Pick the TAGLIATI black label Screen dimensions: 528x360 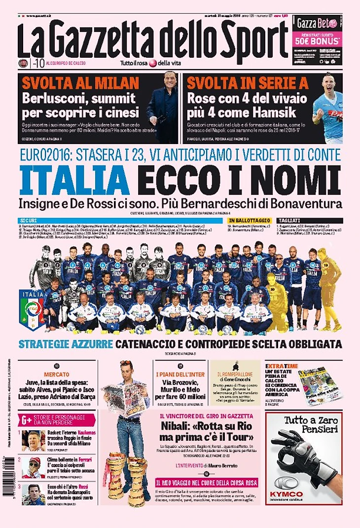(x=288, y=220)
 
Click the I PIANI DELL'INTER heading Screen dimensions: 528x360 (x=180, y=375)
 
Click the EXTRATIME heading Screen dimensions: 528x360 (x=281, y=366)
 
